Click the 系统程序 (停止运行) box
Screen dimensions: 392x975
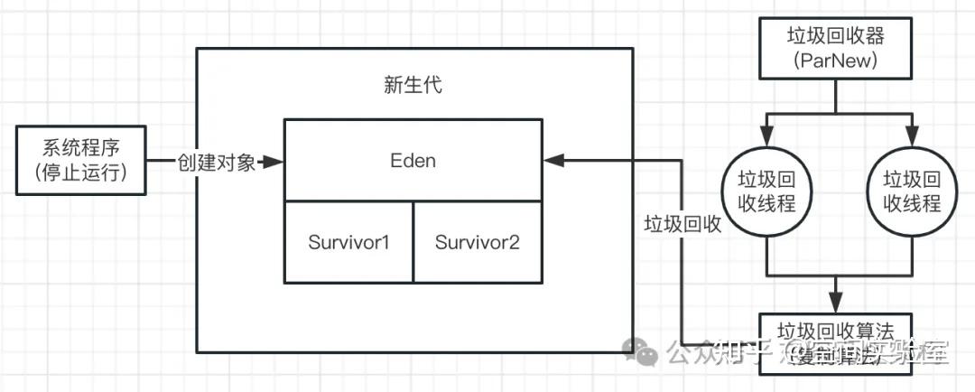coord(81,160)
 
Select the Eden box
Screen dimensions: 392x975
coord(413,160)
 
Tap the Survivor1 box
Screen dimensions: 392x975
coord(348,242)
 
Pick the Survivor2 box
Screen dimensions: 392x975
coord(478,242)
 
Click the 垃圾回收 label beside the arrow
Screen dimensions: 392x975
coord(682,224)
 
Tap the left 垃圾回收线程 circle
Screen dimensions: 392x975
coord(766,191)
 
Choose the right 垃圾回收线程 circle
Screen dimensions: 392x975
coord(912,191)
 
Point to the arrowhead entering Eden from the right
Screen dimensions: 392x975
coord(552,160)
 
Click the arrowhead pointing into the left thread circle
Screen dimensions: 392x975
coord(766,140)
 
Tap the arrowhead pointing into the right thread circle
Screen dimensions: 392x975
coord(912,140)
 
